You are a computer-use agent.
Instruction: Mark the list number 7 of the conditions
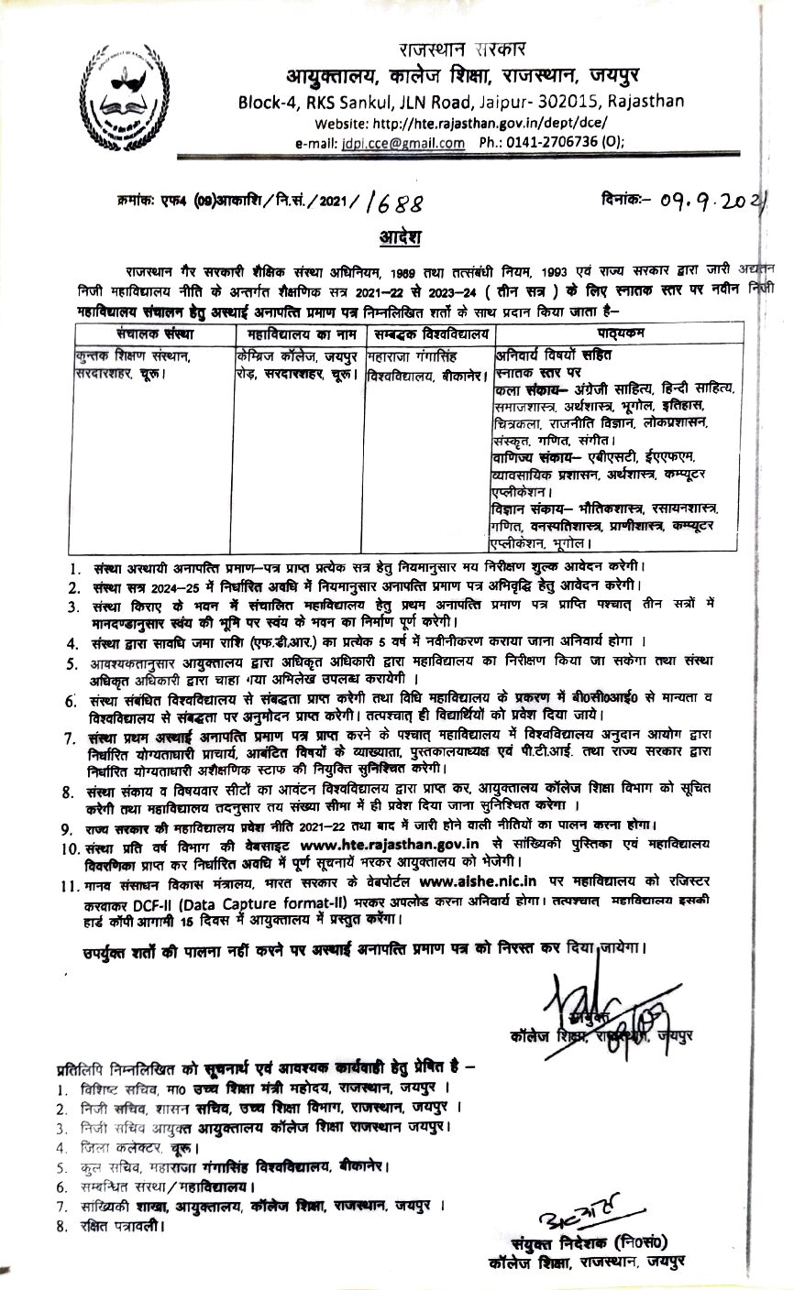pos(69,736)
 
